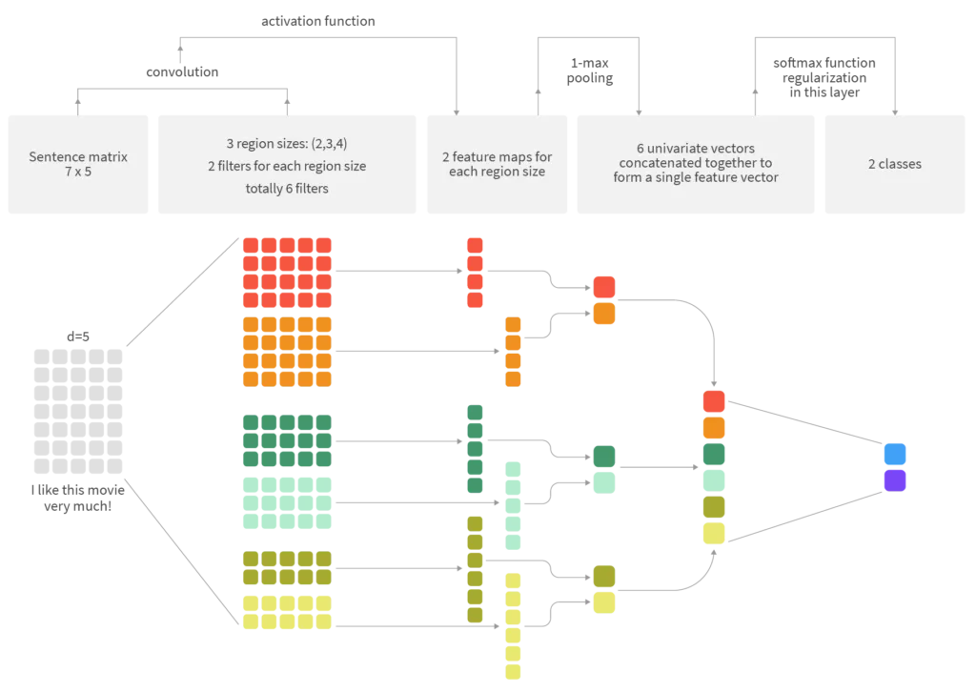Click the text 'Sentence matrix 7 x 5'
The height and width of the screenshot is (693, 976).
pos(78,164)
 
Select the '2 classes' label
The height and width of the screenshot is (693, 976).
pos(894,164)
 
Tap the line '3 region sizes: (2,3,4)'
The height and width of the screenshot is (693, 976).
pos(287,145)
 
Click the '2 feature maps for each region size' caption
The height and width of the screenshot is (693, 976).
pos(497,164)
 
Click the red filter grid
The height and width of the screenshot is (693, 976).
pos(286,273)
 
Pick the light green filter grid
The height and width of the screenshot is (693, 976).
pos(286,502)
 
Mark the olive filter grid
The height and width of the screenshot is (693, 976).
pos(286,568)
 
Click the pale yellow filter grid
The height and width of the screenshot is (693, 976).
pos(286,612)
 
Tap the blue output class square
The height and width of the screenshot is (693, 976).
pos(894,454)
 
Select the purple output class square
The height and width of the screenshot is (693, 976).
pos(894,480)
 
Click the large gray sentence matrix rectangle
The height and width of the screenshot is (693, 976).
pos(79,412)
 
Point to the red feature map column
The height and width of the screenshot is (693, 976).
pos(475,273)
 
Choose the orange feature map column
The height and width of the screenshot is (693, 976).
pos(514,351)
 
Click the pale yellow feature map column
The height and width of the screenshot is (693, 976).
pos(514,627)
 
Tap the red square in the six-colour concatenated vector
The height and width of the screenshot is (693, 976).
pos(714,401)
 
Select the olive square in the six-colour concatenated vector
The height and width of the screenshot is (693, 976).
pos(714,506)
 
